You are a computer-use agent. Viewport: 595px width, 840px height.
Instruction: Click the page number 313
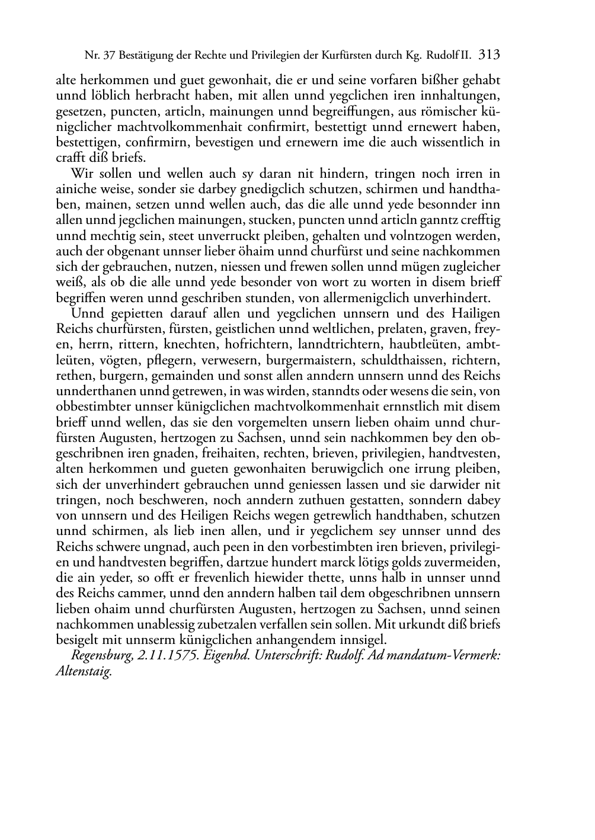click(490, 55)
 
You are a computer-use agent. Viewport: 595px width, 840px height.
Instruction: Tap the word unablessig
click(175, 624)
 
